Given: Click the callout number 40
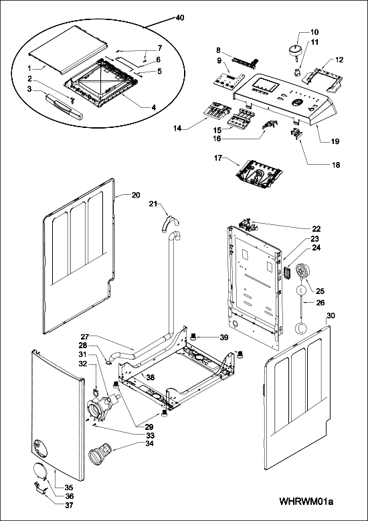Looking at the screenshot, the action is click(179, 17).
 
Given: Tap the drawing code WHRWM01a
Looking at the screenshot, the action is click(306, 501).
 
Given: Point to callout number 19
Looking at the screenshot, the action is click(335, 141).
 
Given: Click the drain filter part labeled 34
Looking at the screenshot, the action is click(100, 453).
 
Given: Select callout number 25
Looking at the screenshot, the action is click(320, 291).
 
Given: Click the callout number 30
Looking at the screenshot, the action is click(331, 315).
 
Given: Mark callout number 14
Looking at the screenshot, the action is click(177, 127).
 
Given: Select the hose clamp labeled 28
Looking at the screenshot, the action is click(108, 362).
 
